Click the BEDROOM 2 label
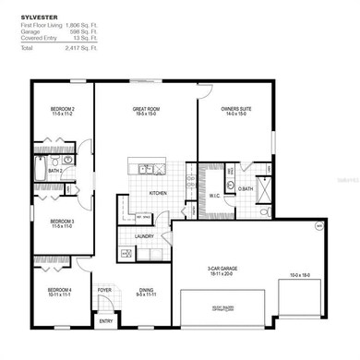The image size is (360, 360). click(x=63, y=110)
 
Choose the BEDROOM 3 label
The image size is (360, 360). click(x=63, y=222)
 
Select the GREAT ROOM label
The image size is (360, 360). click(x=148, y=110)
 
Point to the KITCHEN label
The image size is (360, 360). click(x=159, y=193)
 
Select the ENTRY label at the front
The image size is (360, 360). click(x=104, y=320)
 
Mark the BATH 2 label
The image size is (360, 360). click(x=55, y=171)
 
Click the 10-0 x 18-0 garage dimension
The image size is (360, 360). click(x=302, y=275)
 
